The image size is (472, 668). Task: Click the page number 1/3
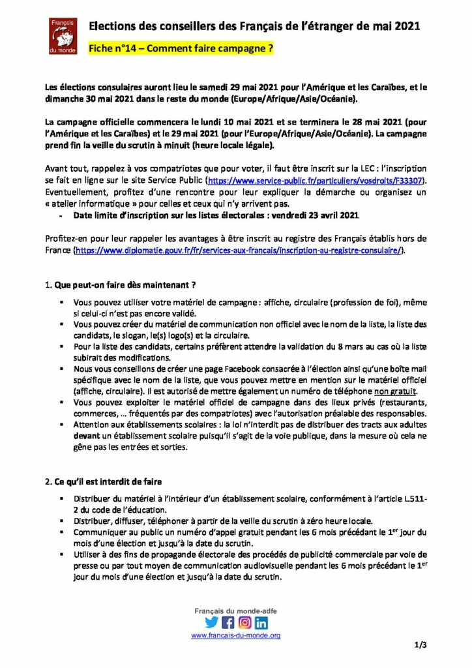[420, 646]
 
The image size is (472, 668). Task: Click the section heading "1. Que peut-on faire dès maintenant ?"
[121, 285]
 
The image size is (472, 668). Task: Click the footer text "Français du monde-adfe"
[235, 610]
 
